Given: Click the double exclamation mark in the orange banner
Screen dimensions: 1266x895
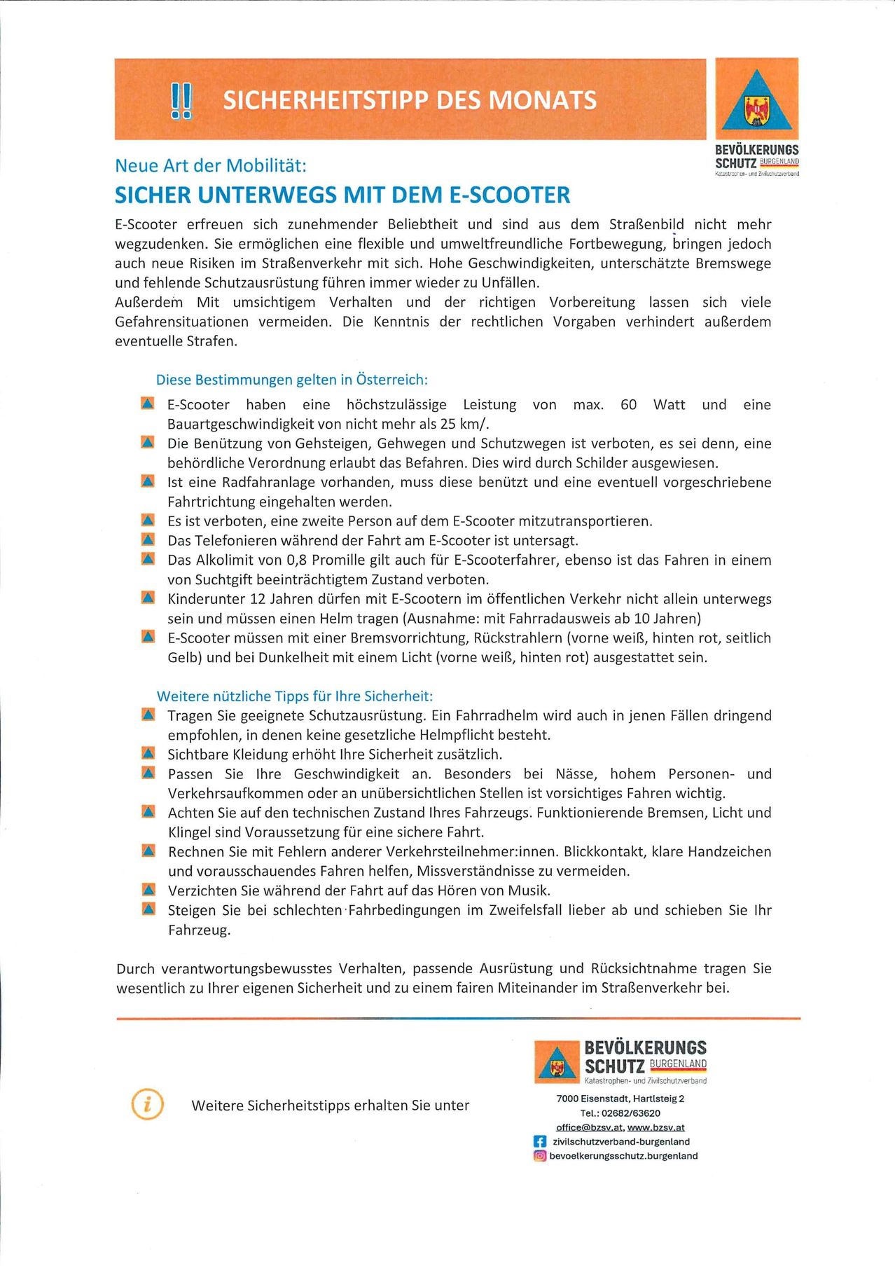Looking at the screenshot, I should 181,100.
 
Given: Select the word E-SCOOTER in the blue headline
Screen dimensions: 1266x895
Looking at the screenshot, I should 510,195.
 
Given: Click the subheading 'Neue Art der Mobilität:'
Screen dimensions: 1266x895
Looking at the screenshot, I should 211,166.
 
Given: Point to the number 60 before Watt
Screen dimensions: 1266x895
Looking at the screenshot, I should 628,404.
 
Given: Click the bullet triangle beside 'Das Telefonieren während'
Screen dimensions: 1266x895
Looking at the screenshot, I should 148,539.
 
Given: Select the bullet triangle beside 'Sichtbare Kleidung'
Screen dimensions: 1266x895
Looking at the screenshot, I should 148,753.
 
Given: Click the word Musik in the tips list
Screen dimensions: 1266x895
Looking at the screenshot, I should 528,890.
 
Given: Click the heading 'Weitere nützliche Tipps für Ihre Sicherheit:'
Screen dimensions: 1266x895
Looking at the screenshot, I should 295,696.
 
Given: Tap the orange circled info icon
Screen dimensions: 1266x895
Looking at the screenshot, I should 147,1104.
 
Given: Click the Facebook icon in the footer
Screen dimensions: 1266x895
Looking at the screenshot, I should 540,1141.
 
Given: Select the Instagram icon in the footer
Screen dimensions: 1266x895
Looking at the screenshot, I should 540,1156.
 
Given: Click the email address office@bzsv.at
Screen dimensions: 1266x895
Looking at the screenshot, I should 589,1127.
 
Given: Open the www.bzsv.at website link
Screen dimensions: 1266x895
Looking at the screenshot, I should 656,1127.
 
